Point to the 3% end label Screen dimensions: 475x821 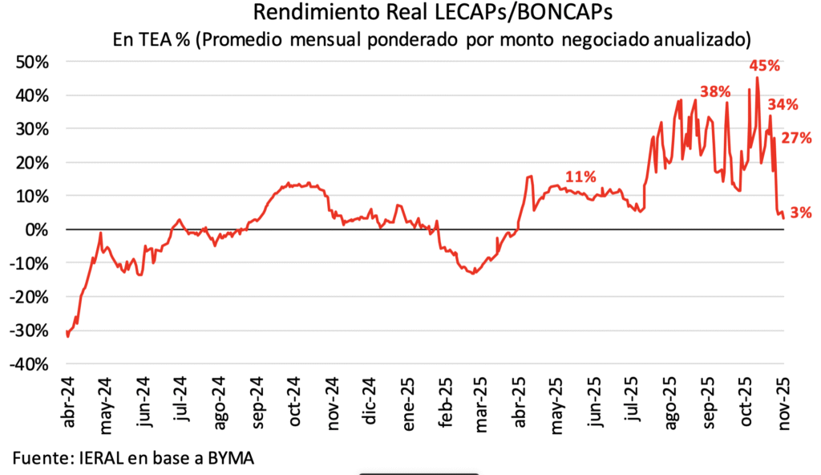coord(800,213)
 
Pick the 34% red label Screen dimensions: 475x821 coord(783,104)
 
